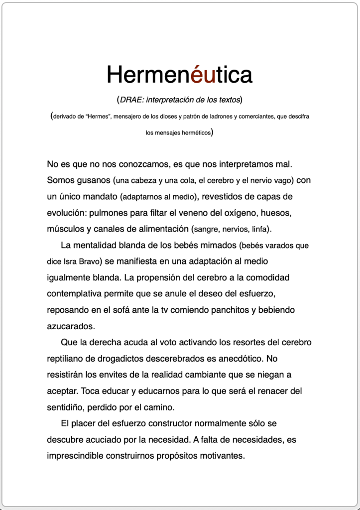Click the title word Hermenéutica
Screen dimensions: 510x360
point(179,75)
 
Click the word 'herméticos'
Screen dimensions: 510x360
point(193,133)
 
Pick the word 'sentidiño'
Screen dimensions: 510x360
point(67,407)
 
